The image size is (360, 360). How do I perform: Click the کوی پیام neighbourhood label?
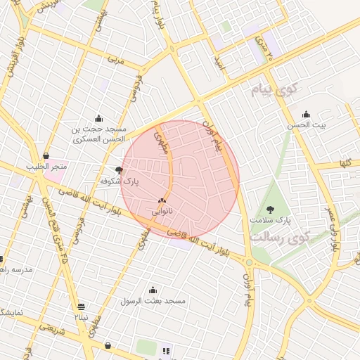[x=274, y=90]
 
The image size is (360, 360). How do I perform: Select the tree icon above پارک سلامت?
[x=271, y=209]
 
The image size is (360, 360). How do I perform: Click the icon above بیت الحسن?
[x=306, y=115]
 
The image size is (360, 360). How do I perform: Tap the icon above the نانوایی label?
[x=162, y=200]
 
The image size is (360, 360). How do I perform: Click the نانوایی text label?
[x=162, y=211]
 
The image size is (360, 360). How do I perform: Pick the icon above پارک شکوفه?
[x=119, y=170]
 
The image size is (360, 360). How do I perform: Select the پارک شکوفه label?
[x=119, y=181]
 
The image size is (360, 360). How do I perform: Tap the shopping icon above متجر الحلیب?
[x=46, y=155]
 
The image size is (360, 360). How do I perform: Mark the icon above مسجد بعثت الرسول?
[x=153, y=290]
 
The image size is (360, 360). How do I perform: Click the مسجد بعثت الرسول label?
[x=153, y=301]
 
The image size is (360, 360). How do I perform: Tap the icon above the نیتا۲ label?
[x=82, y=307]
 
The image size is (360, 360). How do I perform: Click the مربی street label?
[x=115, y=61]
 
